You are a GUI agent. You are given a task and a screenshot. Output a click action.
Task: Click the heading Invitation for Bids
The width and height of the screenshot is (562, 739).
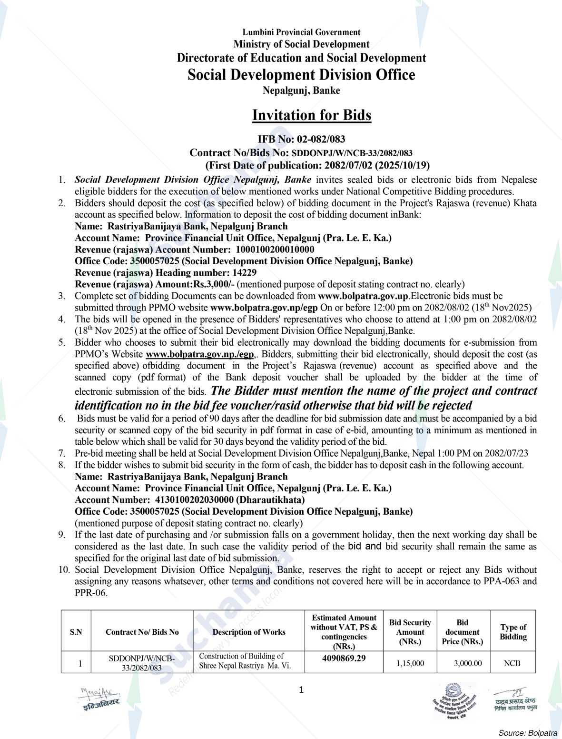tap(311, 115)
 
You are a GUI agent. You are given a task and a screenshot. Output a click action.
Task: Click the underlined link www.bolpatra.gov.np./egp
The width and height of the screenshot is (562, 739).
tap(200, 354)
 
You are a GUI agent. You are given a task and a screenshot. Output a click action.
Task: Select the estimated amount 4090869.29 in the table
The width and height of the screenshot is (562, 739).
tap(344, 658)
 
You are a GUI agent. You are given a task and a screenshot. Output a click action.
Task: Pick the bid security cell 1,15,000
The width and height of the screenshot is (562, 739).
tap(410, 663)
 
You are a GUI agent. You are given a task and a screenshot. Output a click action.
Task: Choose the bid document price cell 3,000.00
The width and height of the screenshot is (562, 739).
tap(462, 663)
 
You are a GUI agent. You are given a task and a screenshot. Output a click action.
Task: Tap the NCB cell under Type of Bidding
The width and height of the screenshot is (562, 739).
tap(512, 663)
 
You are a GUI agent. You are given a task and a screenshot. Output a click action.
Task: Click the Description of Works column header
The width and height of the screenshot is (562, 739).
tap(248, 632)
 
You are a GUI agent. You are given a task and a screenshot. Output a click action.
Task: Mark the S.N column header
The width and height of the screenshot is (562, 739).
tap(76, 632)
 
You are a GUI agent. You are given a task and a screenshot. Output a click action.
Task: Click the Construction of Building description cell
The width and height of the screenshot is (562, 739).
tap(245, 661)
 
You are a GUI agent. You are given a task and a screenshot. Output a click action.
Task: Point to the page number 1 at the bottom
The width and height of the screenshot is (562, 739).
tap(301, 689)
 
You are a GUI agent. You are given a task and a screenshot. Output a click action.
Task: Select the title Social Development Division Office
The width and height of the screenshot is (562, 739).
tap(301, 75)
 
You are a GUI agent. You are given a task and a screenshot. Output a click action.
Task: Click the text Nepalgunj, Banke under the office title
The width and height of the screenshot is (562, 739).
tap(301, 90)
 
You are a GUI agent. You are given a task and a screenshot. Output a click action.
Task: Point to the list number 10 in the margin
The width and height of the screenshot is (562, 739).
tap(64, 569)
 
